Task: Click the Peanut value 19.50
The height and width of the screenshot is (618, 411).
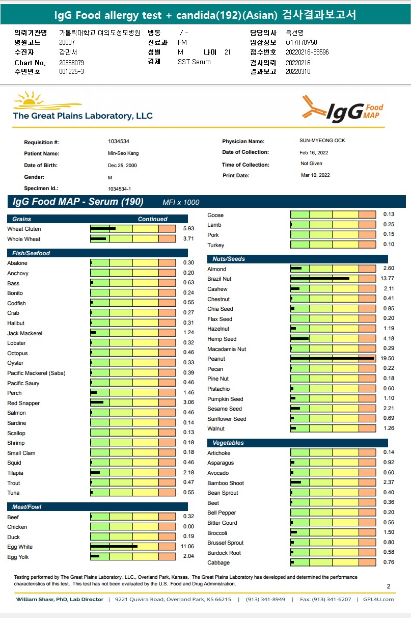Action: point(389,359)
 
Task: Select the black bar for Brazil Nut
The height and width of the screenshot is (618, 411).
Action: point(320,278)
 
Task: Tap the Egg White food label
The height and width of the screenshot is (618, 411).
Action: point(20,547)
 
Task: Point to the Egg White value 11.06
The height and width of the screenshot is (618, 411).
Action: point(188,546)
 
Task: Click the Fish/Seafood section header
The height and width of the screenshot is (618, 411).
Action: point(29,253)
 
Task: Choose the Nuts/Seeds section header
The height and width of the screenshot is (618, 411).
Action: point(229,259)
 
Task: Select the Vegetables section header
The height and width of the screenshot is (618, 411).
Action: point(228,443)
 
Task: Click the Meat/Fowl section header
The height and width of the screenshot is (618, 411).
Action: point(24,507)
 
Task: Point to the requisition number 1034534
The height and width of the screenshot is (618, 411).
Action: point(118,141)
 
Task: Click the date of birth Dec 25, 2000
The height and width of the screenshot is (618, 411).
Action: point(122,166)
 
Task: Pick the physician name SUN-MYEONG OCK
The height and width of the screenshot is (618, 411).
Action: point(322,141)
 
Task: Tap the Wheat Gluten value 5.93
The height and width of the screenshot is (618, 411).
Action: point(188,229)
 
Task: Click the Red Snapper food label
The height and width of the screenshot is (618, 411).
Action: point(23,403)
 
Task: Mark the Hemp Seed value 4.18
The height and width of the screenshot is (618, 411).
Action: point(389,339)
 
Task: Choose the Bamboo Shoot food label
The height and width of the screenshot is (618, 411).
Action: point(226,483)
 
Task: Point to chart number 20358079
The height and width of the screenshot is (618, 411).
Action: point(72,63)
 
